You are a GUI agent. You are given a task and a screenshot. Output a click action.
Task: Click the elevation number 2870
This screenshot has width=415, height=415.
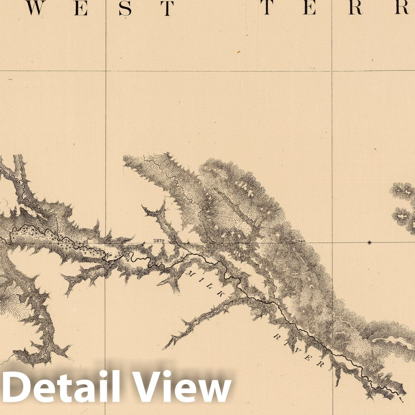point(159,240)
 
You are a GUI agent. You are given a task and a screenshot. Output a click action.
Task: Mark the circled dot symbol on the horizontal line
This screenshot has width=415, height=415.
point(369,243)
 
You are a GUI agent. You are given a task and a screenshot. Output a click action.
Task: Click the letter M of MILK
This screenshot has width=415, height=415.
point(189,273)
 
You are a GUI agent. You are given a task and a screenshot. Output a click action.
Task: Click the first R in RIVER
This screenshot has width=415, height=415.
point(276,337)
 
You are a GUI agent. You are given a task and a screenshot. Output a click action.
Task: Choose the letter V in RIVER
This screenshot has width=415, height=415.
point(298,351)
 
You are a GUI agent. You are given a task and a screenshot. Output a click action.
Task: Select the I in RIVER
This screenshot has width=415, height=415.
point(287,344)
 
